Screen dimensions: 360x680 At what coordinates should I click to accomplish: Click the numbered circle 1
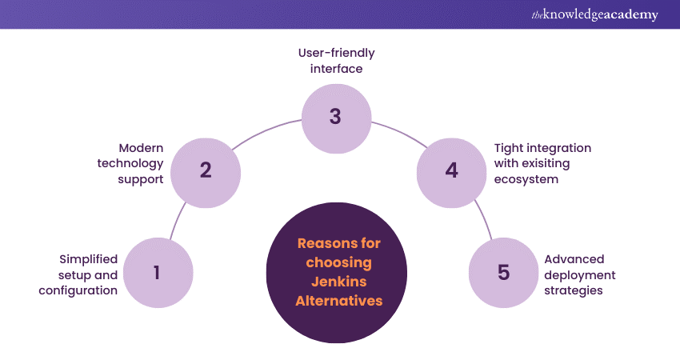click(x=157, y=273)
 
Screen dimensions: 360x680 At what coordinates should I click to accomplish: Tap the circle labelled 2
click(x=206, y=170)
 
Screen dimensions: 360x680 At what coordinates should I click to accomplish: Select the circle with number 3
click(x=335, y=117)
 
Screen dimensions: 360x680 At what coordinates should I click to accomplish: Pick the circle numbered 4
click(x=451, y=170)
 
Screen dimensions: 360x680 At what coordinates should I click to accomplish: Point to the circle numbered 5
click(x=503, y=273)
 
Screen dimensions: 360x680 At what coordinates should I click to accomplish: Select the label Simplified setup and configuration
click(x=78, y=274)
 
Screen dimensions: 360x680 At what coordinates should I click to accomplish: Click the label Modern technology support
click(x=130, y=164)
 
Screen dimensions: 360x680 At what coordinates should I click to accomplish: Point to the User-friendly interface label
click(x=335, y=61)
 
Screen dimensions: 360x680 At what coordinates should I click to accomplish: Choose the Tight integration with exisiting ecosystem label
click(x=542, y=164)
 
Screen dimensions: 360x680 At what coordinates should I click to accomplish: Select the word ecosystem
click(x=526, y=180)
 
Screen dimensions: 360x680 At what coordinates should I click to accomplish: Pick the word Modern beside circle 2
click(x=141, y=148)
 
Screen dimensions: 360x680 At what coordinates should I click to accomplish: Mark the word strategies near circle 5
click(x=574, y=290)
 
